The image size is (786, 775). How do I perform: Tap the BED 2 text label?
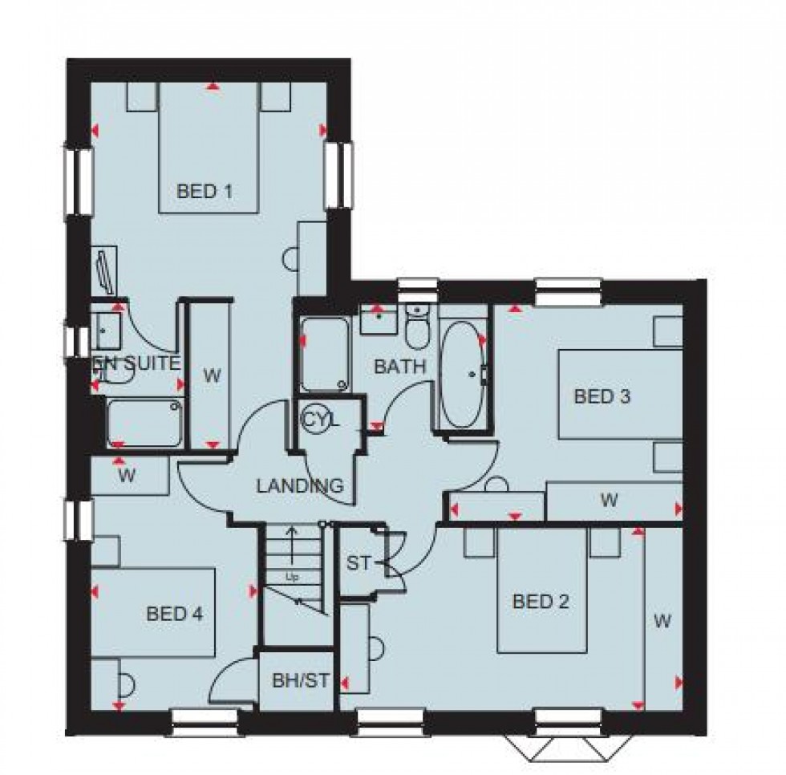pyautogui.click(x=541, y=601)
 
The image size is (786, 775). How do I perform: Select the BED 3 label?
pyautogui.click(x=602, y=396)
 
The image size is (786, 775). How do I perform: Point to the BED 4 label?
pyautogui.click(x=175, y=615)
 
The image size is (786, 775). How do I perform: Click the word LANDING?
pyautogui.click(x=300, y=485)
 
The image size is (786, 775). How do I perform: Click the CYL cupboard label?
pyautogui.click(x=321, y=419)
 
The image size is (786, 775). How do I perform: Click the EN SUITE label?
pyautogui.click(x=138, y=363)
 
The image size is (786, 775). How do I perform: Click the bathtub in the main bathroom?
pyautogui.click(x=461, y=374)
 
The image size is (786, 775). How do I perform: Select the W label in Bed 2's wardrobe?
pyautogui.click(x=662, y=620)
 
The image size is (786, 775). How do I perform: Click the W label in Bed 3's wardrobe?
pyautogui.click(x=610, y=501)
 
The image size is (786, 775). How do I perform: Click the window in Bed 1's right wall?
pyautogui.click(x=338, y=174)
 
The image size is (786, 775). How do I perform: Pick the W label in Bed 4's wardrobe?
pyautogui.click(x=126, y=475)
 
